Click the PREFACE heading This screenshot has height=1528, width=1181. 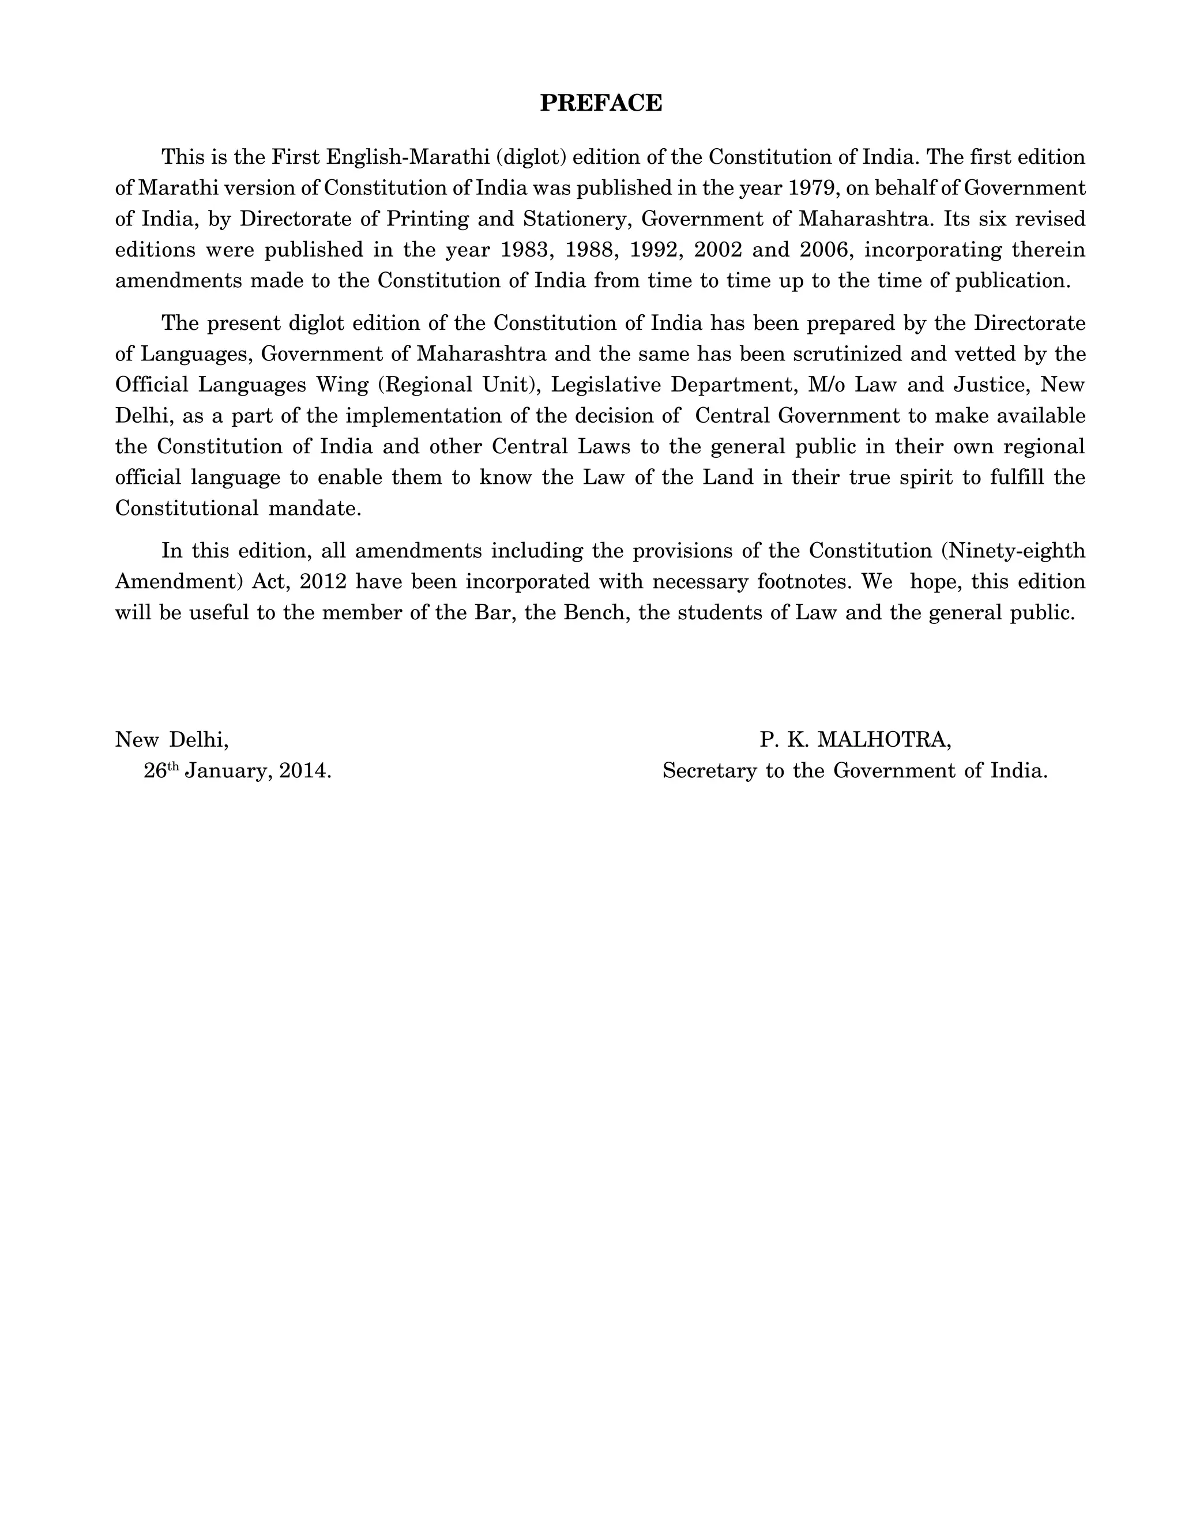point(600,103)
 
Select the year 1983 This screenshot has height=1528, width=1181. point(524,250)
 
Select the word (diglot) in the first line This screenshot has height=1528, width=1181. point(531,157)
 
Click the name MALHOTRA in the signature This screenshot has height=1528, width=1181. point(883,740)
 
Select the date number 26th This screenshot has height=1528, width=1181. point(161,771)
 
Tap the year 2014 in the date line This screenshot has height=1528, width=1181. point(304,771)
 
